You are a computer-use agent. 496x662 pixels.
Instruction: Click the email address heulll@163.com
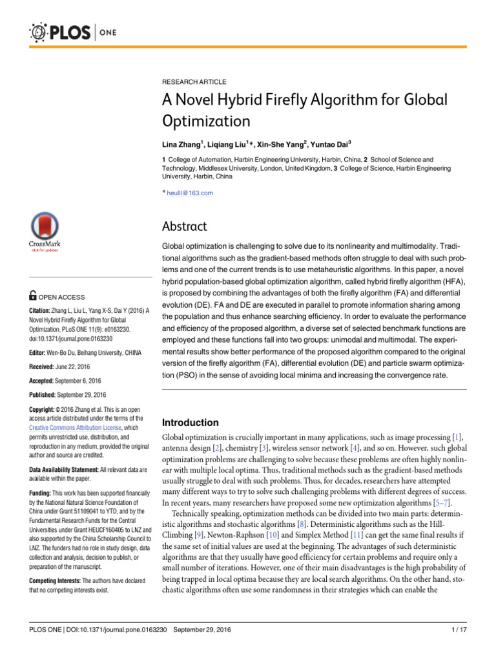pyautogui.click(x=190, y=193)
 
